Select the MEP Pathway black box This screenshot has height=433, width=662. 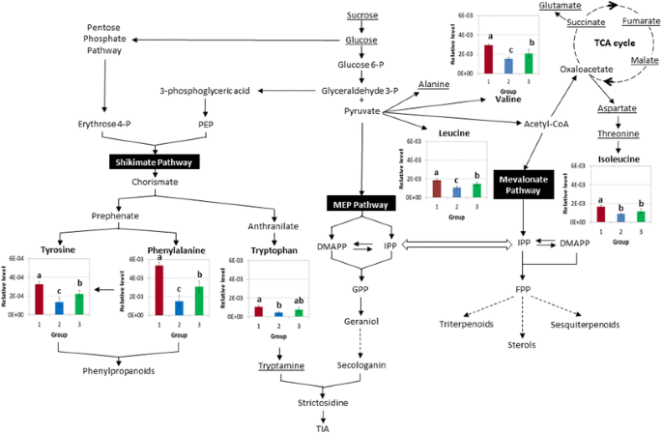point(360,205)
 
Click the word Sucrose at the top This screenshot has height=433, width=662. point(361,15)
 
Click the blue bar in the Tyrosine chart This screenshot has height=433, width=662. point(59,307)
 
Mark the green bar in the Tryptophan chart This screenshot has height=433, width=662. point(300,311)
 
